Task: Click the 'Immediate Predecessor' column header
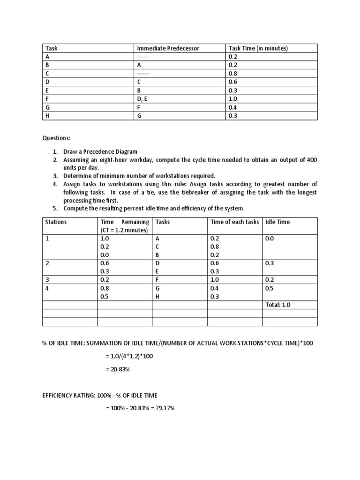tap(167, 48)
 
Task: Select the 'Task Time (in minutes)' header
tap(258, 48)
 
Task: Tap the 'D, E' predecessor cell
tap(142, 99)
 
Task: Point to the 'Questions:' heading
tap(57, 138)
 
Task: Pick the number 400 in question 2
tap(312, 160)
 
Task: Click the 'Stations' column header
tap(56, 222)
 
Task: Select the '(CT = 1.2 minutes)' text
tap(124, 230)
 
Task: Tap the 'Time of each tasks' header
tap(234, 222)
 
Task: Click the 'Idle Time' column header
tap(277, 222)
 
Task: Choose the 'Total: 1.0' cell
tap(278, 305)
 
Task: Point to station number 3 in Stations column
tap(47, 280)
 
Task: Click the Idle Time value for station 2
tap(270, 263)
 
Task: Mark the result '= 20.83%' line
tap(118, 370)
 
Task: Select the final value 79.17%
tap(165, 408)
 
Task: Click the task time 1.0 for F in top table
tap(232, 99)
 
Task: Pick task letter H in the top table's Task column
tap(47, 116)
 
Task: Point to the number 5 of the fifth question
tap(54, 208)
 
